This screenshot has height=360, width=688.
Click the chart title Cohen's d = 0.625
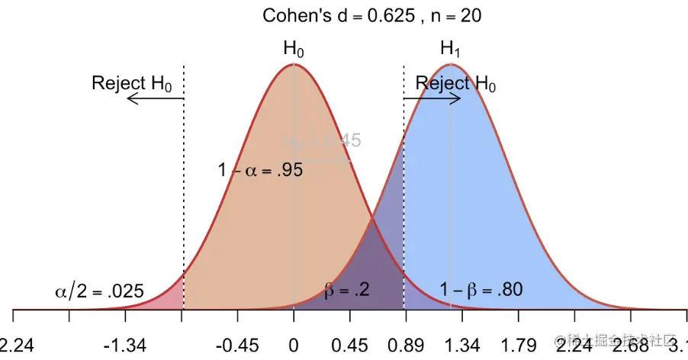pos(371,15)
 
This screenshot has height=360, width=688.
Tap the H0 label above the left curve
pos(294,49)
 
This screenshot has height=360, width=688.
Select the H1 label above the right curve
pos(451,49)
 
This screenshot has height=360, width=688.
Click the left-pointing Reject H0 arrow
pos(153,99)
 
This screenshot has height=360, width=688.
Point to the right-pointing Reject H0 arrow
pos(432,98)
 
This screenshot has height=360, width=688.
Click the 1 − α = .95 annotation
pos(261,171)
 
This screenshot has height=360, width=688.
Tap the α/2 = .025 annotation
pos(100,291)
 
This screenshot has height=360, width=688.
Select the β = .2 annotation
pos(347,291)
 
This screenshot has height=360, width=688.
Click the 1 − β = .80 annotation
pos(481,291)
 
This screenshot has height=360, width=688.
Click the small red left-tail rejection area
pos(175,297)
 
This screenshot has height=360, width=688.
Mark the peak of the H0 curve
pos(294,65)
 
